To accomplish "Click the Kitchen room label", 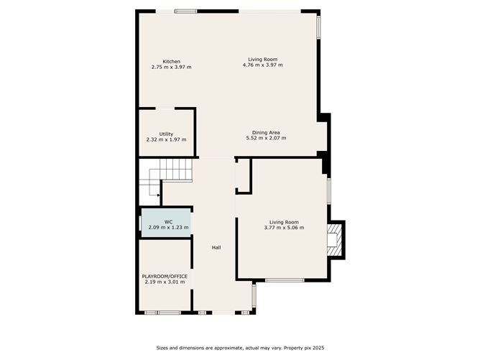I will pyautogui.click(x=171, y=61).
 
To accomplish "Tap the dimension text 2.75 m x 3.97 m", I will pyautogui.click(x=171, y=67).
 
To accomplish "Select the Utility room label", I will pyautogui.click(x=166, y=134).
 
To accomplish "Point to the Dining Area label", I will pyautogui.click(x=266, y=132).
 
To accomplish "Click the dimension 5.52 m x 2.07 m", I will pyautogui.click(x=266, y=138).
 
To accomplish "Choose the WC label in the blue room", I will pyautogui.click(x=168, y=221).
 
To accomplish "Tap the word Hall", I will pyautogui.click(x=216, y=248).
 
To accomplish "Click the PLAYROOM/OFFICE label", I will pyautogui.click(x=165, y=276).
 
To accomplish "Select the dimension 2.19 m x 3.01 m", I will pyautogui.click(x=165, y=282).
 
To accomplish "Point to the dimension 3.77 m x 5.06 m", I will pyautogui.click(x=284, y=228).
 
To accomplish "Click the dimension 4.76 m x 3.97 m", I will pyautogui.click(x=263, y=65).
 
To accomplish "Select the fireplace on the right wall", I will pyautogui.click(x=336, y=239).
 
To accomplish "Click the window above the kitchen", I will pyautogui.click(x=186, y=11).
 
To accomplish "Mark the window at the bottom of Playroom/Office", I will pyautogui.click(x=162, y=313).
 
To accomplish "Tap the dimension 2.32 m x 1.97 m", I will pyautogui.click(x=166, y=139).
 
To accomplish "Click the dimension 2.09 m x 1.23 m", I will pyautogui.click(x=168, y=227).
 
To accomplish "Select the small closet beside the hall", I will pyautogui.click(x=243, y=176).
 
